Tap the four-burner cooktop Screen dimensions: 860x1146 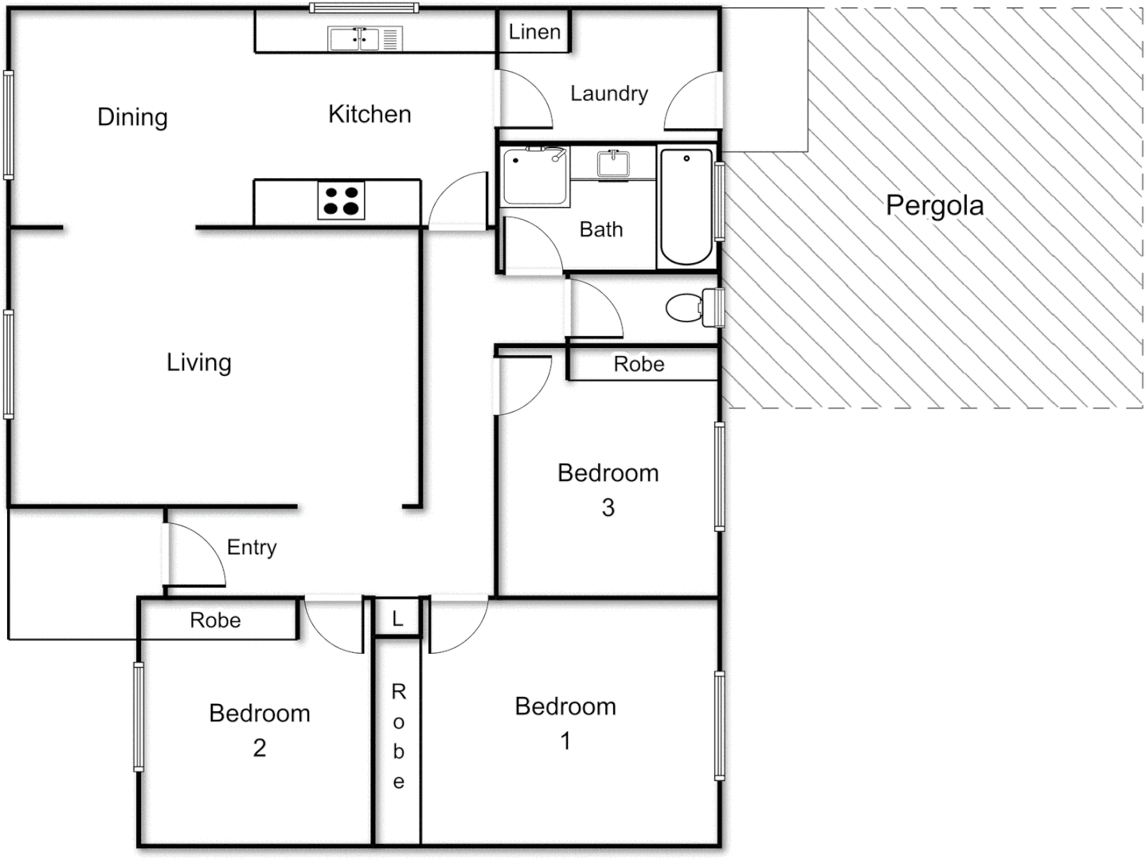(x=341, y=200)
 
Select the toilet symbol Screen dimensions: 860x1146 (x=685, y=307)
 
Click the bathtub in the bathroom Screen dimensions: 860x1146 (x=686, y=206)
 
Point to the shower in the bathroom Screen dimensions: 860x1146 (x=534, y=176)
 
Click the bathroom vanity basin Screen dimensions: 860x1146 (x=613, y=163)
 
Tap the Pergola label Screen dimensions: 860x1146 (x=934, y=205)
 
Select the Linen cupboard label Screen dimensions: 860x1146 (x=534, y=32)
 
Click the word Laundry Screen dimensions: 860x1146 (x=608, y=93)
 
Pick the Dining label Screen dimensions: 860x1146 (x=132, y=117)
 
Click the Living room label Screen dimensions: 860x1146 (x=198, y=362)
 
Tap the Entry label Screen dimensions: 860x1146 (x=252, y=547)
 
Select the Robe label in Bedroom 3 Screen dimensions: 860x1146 (x=639, y=364)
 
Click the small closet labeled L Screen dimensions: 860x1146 (x=397, y=618)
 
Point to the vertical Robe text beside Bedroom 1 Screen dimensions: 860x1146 (x=398, y=737)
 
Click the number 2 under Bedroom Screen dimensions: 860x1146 (x=260, y=748)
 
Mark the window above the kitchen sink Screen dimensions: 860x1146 (x=364, y=9)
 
